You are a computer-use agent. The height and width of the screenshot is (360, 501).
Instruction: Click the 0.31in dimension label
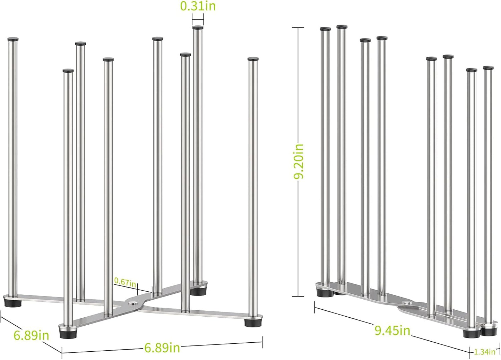point(198,6)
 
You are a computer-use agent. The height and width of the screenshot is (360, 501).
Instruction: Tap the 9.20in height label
point(299,161)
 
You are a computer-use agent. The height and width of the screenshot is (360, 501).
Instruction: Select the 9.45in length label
point(392,330)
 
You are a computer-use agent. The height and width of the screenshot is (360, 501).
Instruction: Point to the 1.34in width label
point(485,352)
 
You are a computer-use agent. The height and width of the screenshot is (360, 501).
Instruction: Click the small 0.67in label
point(125,282)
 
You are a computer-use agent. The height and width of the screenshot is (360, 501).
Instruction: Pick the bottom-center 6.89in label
point(162,348)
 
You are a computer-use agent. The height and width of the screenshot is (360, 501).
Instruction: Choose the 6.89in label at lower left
point(31,335)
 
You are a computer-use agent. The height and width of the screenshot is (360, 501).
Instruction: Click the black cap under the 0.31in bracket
point(198,28)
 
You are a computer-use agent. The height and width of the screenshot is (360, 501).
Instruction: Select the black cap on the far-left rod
point(13,40)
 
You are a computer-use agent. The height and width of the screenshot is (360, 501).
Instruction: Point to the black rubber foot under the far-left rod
point(13,302)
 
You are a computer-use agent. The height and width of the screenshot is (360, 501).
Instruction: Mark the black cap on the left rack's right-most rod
point(253,59)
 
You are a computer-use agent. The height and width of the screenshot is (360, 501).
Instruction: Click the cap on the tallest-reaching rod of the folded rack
point(342,27)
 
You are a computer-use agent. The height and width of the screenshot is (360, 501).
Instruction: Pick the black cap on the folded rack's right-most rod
point(488,68)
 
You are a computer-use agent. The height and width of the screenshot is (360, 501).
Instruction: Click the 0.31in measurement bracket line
point(198,19)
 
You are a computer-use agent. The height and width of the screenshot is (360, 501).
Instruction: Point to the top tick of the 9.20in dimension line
point(298,27)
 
